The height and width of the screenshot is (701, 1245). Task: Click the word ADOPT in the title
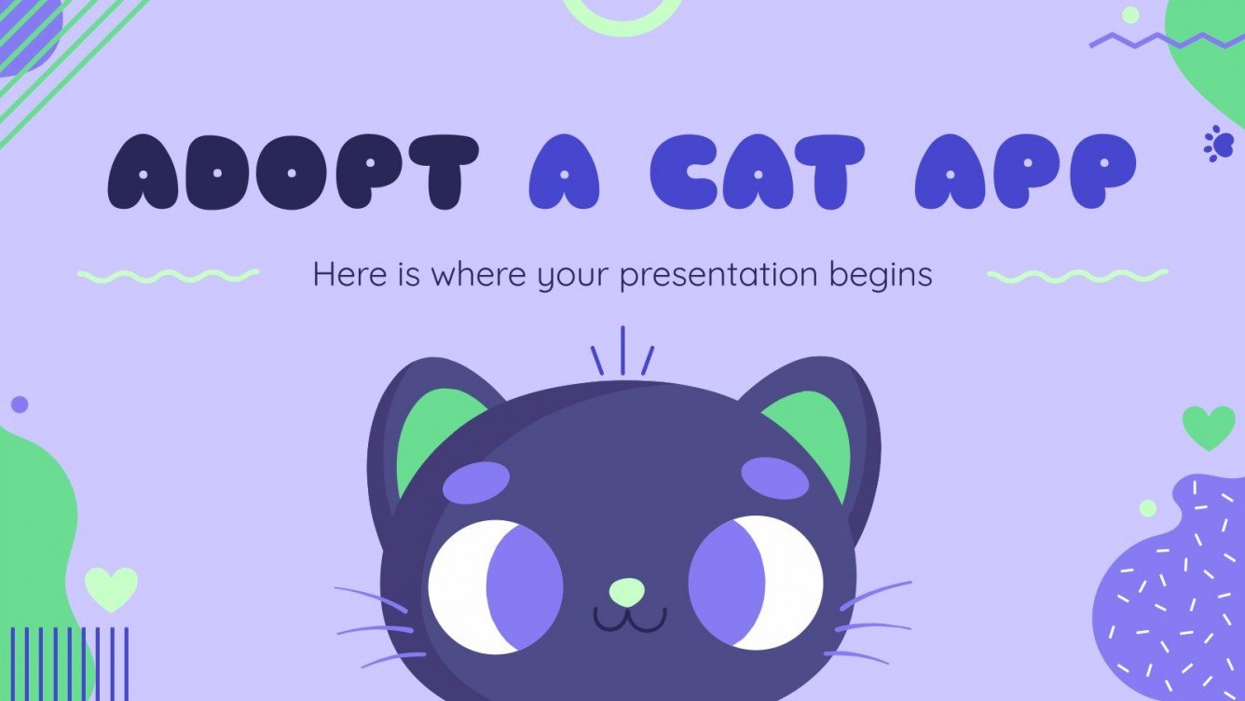coord(293,173)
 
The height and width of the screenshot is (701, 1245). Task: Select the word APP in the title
coord(1025,173)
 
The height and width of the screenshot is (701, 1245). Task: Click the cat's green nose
coord(626,591)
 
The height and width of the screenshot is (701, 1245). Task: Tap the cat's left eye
coord(495,585)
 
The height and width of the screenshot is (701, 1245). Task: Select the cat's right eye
coord(756,583)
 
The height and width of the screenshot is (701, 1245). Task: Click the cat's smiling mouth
coord(631,619)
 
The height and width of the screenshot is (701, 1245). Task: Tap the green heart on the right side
coord(1208,427)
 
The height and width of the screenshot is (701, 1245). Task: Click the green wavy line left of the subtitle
coord(168,275)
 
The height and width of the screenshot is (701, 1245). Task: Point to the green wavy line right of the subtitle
coord(1076,275)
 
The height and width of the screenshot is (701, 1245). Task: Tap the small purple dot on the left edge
coord(19,405)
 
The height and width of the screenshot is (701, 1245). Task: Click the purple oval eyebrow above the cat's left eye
coord(475,482)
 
